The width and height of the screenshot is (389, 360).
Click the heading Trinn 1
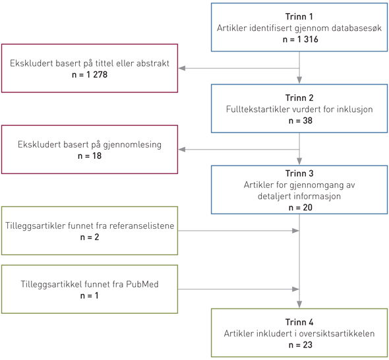(x=299, y=16)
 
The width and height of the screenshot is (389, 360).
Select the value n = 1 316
(x=301, y=40)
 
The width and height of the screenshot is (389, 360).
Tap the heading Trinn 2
(x=299, y=98)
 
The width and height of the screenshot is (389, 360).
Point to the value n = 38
(x=301, y=121)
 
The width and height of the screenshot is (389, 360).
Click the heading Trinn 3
(x=299, y=173)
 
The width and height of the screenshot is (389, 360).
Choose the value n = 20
(x=301, y=208)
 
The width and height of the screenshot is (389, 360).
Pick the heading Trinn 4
(x=299, y=322)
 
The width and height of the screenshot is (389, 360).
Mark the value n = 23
(x=301, y=345)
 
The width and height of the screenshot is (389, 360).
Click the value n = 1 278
(x=90, y=75)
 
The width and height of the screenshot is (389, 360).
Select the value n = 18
(x=90, y=156)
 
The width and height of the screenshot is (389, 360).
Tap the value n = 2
(x=90, y=237)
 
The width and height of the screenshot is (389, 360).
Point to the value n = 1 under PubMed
(x=90, y=296)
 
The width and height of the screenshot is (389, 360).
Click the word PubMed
(x=142, y=284)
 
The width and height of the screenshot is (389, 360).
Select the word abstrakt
(x=153, y=63)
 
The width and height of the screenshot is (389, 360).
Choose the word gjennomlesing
(x=133, y=145)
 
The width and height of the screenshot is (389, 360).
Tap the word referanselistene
(x=142, y=225)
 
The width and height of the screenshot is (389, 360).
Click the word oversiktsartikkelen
(x=336, y=334)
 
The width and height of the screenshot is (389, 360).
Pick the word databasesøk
(x=356, y=28)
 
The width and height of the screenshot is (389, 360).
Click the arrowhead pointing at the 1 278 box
(x=182, y=68)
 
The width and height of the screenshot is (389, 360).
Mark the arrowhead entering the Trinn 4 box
(x=299, y=305)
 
